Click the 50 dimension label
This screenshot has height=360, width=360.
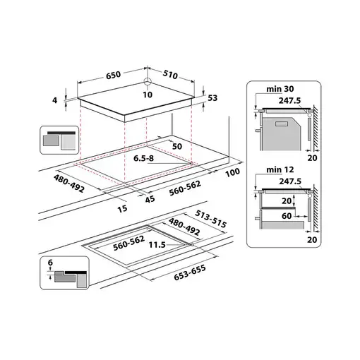(178, 145)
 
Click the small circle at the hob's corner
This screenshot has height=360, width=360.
(148, 80)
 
